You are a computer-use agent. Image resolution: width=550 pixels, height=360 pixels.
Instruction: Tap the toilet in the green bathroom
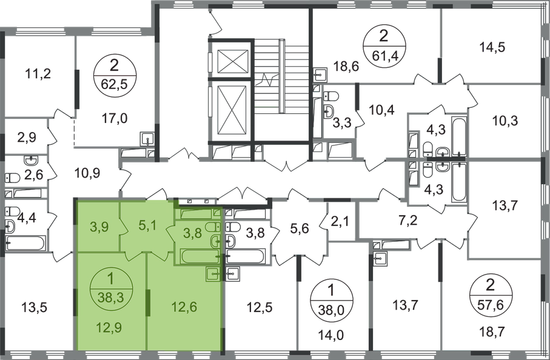coord(214,240)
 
